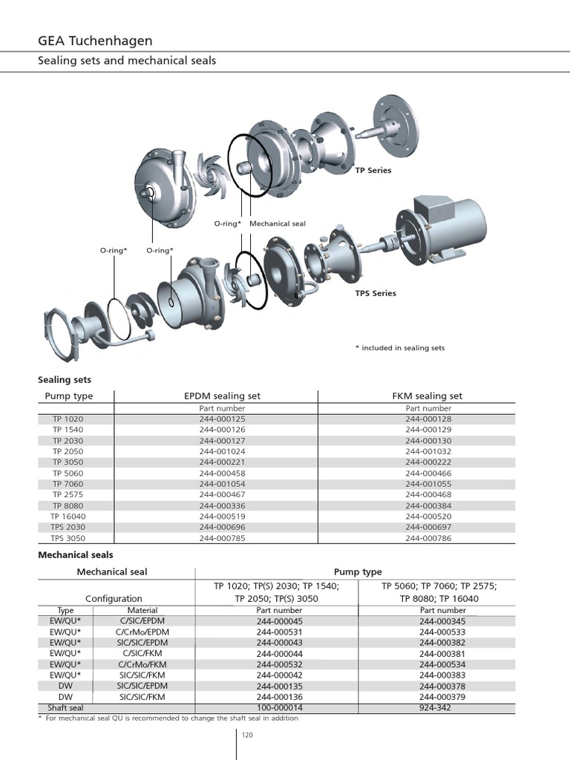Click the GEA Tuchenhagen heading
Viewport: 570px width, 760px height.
(95, 41)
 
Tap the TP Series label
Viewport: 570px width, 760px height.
(373, 170)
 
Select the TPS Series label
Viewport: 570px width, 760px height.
(375, 293)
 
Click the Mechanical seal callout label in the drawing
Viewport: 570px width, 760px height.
(278, 223)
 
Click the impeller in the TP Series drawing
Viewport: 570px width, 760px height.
(212, 177)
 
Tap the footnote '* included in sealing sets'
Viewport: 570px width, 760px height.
(400, 347)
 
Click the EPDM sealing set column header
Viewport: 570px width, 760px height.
(222, 396)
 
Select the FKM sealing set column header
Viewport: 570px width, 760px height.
(427, 396)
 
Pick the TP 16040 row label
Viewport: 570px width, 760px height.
(68, 517)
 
